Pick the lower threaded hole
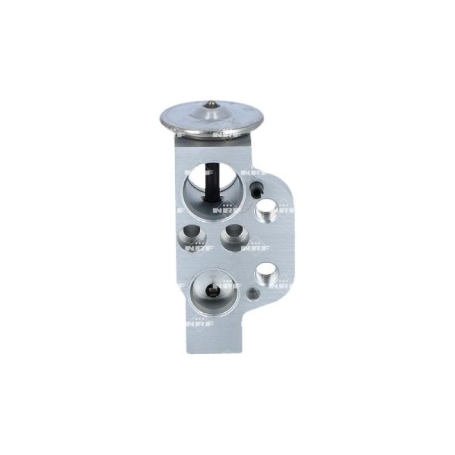click(x=266, y=276)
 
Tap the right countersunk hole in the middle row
click(x=233, y=237)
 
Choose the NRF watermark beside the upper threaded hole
click(x=282, y=209)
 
